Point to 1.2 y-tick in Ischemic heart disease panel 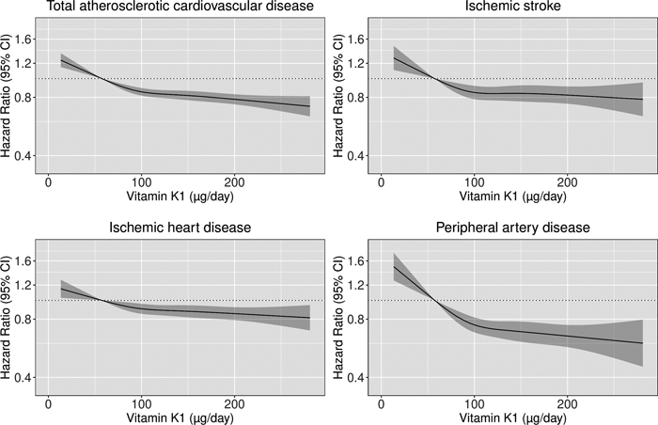point(24,285)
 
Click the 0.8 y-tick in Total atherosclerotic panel point(24,97)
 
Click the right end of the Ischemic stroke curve point(642,99)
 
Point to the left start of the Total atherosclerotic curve point(61,61)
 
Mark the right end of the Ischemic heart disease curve point(309,318)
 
